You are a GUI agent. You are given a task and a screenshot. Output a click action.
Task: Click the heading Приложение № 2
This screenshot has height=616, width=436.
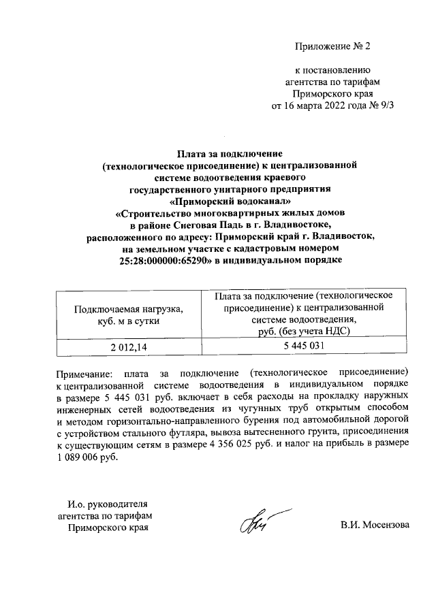[x=334, y=46]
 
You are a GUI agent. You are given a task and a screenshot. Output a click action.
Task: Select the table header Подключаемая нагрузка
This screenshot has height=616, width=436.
[x=129, y=309]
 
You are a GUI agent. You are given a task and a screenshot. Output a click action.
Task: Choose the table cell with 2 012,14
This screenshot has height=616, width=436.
[x=129, y=347]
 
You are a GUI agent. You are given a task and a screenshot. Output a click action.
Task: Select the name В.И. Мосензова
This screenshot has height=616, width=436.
[x=375, y=525]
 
